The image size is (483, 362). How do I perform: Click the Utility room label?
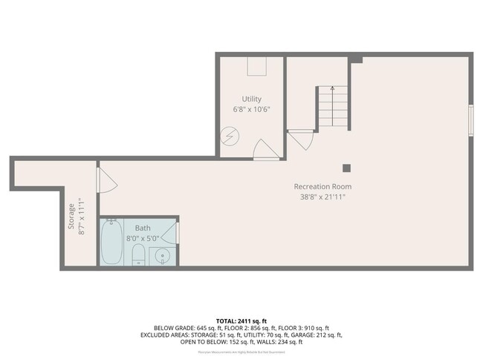251,99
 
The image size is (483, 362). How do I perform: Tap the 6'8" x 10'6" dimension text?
251,109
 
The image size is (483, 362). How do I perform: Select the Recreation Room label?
322,186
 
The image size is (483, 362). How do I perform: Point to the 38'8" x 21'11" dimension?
322,197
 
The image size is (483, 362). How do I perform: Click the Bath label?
143,228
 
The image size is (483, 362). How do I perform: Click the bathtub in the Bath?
112,243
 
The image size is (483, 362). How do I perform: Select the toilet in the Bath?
138,257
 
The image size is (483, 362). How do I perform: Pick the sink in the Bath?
163,257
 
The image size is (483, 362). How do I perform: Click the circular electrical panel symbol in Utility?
230,137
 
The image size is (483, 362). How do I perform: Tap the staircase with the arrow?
332,108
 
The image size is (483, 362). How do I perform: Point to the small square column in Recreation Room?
346,168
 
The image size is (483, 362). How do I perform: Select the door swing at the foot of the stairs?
301,139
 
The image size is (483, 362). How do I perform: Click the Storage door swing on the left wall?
106,180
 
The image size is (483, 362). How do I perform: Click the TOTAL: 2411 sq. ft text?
241,319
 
